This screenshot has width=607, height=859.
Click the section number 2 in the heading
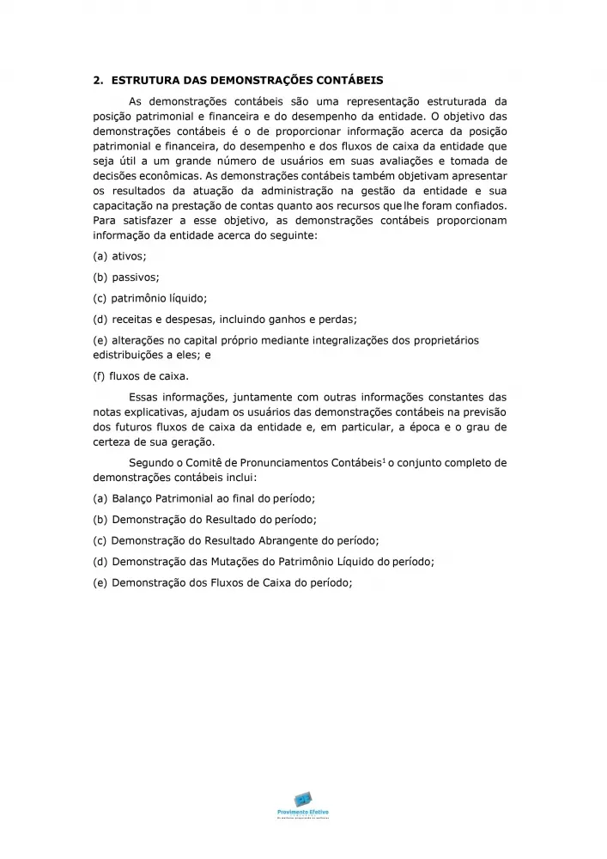95,81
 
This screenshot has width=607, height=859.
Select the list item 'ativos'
130,256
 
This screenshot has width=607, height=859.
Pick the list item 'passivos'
136,277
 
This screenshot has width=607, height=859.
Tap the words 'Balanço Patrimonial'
167,498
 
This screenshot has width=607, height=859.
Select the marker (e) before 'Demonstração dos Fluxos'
100,582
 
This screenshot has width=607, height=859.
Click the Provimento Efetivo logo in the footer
303,804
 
